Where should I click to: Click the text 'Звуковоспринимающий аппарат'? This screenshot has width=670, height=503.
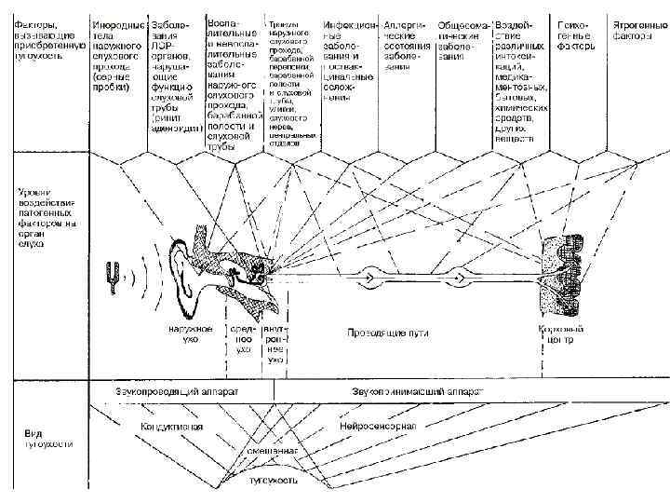(x=417, y=391)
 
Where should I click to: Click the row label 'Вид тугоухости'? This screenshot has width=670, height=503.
(x=46, y=438)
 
